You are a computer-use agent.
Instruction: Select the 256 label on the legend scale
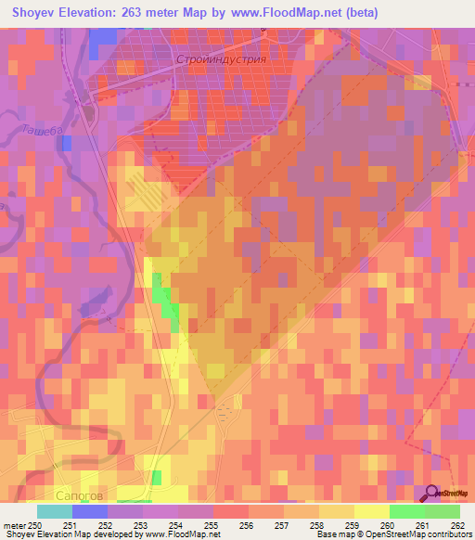point(248,524)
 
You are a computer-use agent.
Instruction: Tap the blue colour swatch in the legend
point(90,511)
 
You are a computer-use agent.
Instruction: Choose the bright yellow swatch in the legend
point(372,511)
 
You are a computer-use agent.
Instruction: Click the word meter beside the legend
point(13,524)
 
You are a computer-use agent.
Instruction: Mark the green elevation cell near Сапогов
point(156,478)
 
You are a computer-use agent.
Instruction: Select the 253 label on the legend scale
point(142,524)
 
